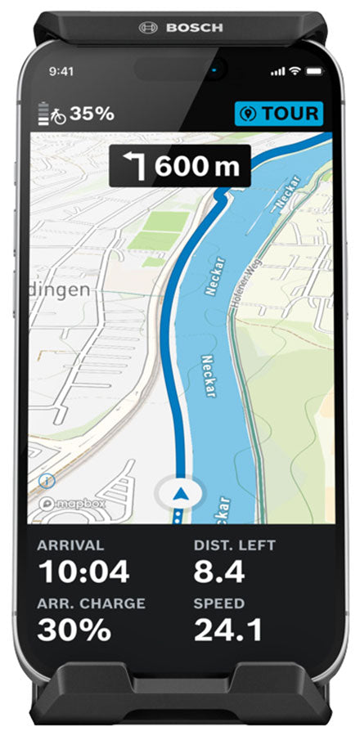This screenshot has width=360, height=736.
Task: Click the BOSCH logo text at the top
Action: pyautogui.click(x=194, y=27)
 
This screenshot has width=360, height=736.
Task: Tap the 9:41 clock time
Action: pyautogui.click(x=61, y=72)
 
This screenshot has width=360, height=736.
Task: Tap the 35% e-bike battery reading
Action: pyautogui.click(x=91, y=114)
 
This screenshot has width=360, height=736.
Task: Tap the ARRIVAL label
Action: pyautogui.click(x=71, y=545)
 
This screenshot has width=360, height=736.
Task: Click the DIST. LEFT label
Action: pyautogui.click(x=235, y=545)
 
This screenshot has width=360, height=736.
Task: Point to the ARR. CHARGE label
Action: pyautogui.click(x=92, y=604)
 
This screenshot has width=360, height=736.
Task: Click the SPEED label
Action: pyautogui.click(x=218, y=604)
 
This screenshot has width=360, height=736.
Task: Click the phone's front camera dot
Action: pyautogui.click(x=215, y=71)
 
